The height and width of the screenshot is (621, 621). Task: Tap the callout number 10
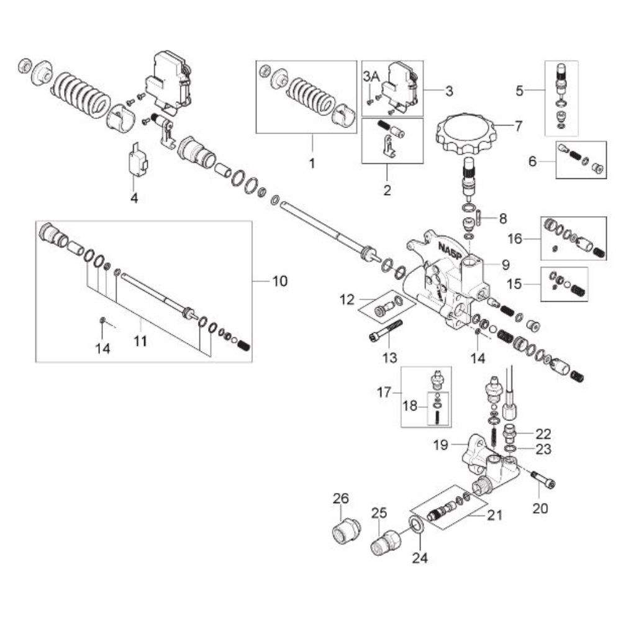279,281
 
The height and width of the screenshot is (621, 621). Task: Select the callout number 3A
372,77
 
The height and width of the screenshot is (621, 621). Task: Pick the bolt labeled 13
386,331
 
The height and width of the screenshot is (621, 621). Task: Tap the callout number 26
340,498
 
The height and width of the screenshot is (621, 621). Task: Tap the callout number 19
440,445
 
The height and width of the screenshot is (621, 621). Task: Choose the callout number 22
543,434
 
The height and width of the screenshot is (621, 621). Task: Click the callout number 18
410,406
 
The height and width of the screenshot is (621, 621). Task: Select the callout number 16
515,239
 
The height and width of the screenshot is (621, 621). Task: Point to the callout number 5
519,91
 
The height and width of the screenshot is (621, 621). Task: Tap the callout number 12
347,300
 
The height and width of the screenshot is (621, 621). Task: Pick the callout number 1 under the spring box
312,163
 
